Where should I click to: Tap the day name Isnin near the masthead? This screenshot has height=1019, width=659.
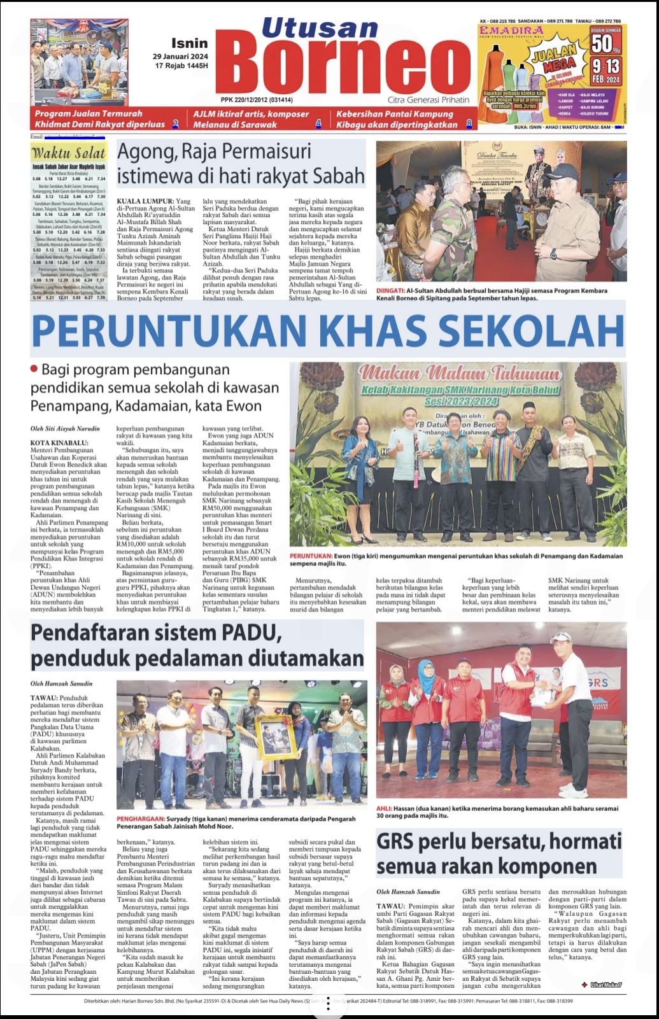point(189,43)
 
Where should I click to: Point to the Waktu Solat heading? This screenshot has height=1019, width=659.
point(69,153)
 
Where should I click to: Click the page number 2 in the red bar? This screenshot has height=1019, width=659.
point(176,124)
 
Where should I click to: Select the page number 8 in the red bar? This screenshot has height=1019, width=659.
point(469,124)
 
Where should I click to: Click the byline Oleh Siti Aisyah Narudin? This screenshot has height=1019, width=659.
point(65,429)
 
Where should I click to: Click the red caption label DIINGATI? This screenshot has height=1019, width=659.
point(390,291)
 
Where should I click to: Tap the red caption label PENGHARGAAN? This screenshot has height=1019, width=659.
point(139,819)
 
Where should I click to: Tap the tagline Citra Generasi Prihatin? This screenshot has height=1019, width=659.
point(429,100)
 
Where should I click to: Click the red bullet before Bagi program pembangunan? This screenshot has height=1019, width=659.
point(34,369)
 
